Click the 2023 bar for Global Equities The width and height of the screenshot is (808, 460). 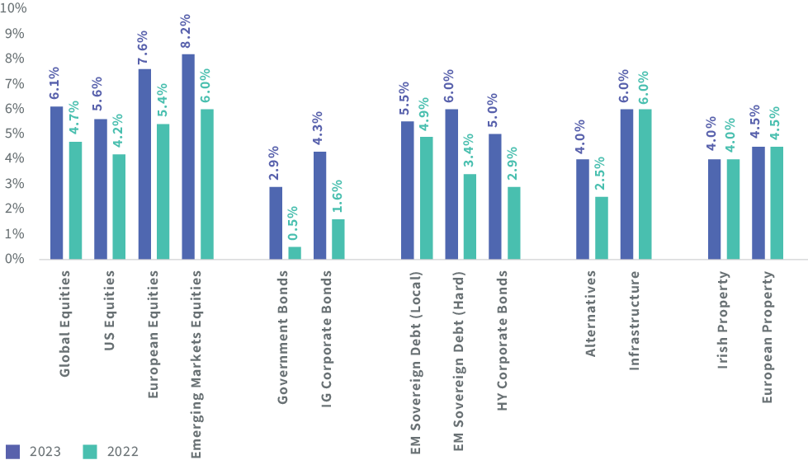pyautogui.click(x=57, y=182)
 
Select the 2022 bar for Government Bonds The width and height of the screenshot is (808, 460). pyautogui.click(x=295, y=252)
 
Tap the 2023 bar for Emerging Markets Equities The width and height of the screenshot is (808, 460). pyautogui.click(x=188, y=156)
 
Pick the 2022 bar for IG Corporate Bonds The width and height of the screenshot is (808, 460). pyautogui.click(x=338, y=239)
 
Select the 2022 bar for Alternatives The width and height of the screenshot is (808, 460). pyautogui.click(x=602, y=228)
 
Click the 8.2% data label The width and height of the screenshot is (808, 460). pyautogui.click(x=187, y=31)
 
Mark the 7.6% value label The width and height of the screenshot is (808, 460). pyautogui.click(x=144, y=47)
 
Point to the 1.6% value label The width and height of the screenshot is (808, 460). pyautogui.click(x=338, y=197)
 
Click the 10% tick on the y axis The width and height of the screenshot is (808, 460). pyautogui.click(x=16, y=8)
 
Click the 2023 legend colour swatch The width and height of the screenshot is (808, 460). pyautogui.click(x=12, y=451)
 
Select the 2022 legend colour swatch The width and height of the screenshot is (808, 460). pyautogui.click(x=90, y=451)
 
